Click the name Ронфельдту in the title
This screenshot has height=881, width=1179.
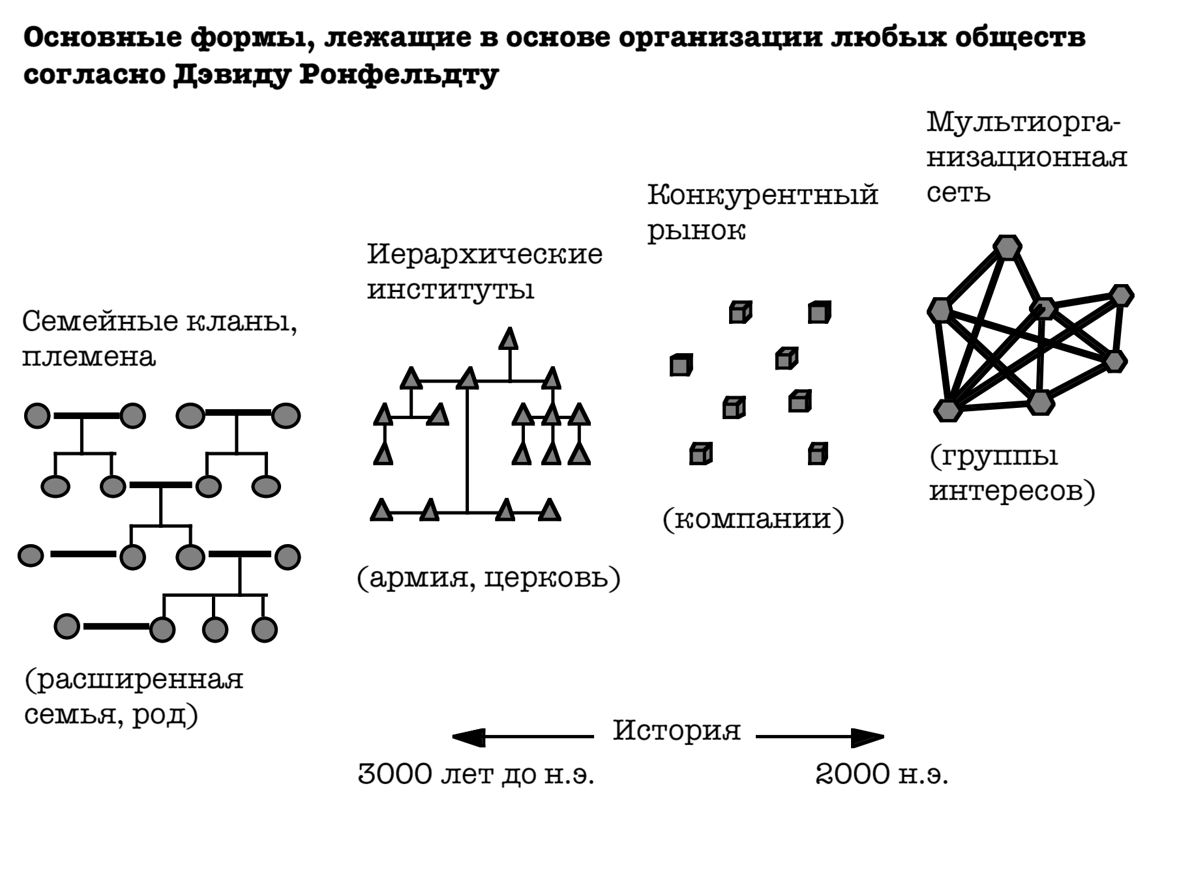pos(398,75)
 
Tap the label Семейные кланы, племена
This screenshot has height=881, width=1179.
pos(159,339)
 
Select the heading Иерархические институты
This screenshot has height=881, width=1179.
pos(485,272)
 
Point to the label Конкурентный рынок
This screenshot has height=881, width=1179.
pos(762,212)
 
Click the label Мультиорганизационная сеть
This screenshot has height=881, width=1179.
pos(1026,157)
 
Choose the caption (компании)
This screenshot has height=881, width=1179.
pos(753,519)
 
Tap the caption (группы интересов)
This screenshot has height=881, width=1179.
pos(1011,474)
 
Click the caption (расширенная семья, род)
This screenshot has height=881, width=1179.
pos(134,697)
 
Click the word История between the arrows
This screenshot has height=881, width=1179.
pos(676,730)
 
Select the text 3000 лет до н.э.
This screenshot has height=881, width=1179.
pos(476,775)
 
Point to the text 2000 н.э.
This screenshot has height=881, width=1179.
pos(882,775)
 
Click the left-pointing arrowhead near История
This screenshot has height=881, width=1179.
pos(467,737)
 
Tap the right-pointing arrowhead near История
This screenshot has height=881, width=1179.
pos(869,737)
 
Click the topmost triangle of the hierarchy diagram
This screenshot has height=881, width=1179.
pos(509,339)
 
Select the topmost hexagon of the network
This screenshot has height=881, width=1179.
pos(1007,248)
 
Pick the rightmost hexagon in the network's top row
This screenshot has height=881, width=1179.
pos(1121,295)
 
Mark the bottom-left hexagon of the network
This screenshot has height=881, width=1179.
pos(948,410)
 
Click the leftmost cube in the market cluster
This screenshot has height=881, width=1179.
pos(680,365)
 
